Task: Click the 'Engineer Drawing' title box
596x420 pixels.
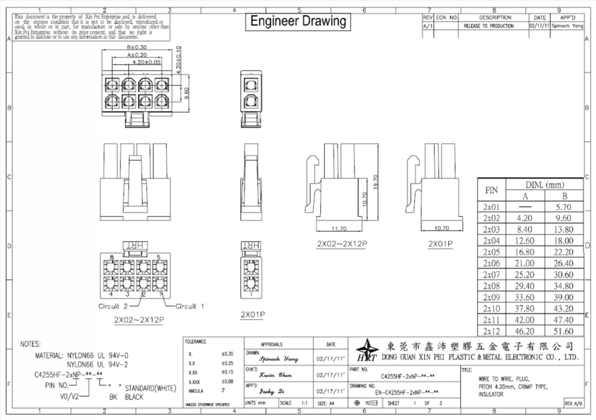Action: tap(298, 22)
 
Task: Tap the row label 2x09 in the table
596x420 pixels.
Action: tap(492, 297)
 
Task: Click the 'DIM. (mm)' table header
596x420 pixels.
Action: tap(544, 184)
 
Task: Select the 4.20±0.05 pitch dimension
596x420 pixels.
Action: tap(146, 62)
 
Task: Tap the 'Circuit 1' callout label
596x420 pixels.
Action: tap(190, 306)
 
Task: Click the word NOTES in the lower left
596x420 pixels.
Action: tap(30, 344)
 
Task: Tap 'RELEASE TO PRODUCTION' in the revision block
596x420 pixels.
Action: tap(488, 26)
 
